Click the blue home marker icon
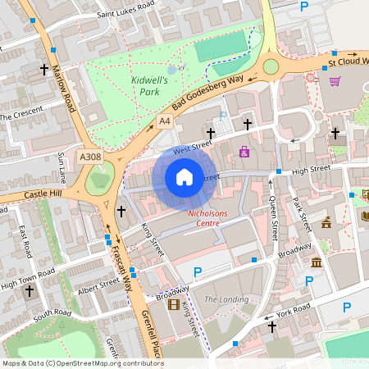[184, 177]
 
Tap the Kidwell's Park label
[149, 86]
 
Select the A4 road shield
[164, 121]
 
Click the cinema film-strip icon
[173, 305]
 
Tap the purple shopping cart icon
[335, 81]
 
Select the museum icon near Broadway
[317, 262]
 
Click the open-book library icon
[365, 216]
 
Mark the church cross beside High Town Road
[30, 290]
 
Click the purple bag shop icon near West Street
[244, 151]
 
